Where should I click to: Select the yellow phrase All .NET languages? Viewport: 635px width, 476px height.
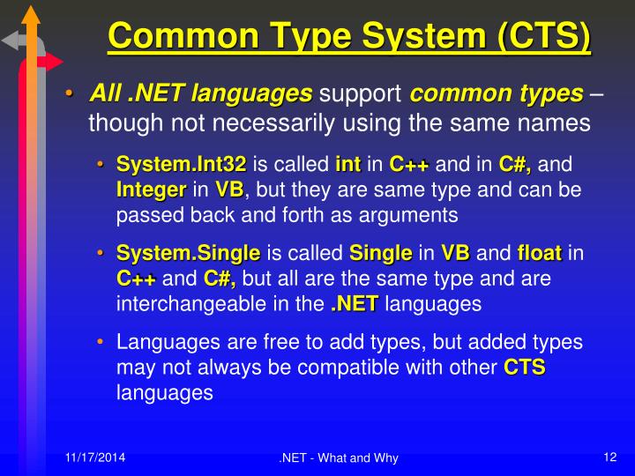(200, 93)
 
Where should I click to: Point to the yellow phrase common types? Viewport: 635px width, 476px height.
(497, 93)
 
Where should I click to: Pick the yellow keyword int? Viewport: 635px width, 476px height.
(348, 164)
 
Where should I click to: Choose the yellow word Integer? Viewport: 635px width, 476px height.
(151, 190)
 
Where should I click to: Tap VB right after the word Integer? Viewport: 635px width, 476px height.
(229, 190)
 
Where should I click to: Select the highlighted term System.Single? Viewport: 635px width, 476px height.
(189, 254)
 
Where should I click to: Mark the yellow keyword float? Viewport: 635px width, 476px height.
(540, 254)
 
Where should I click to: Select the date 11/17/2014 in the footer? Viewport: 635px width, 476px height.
(94, 457)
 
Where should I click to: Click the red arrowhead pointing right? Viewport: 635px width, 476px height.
(54, 62)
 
